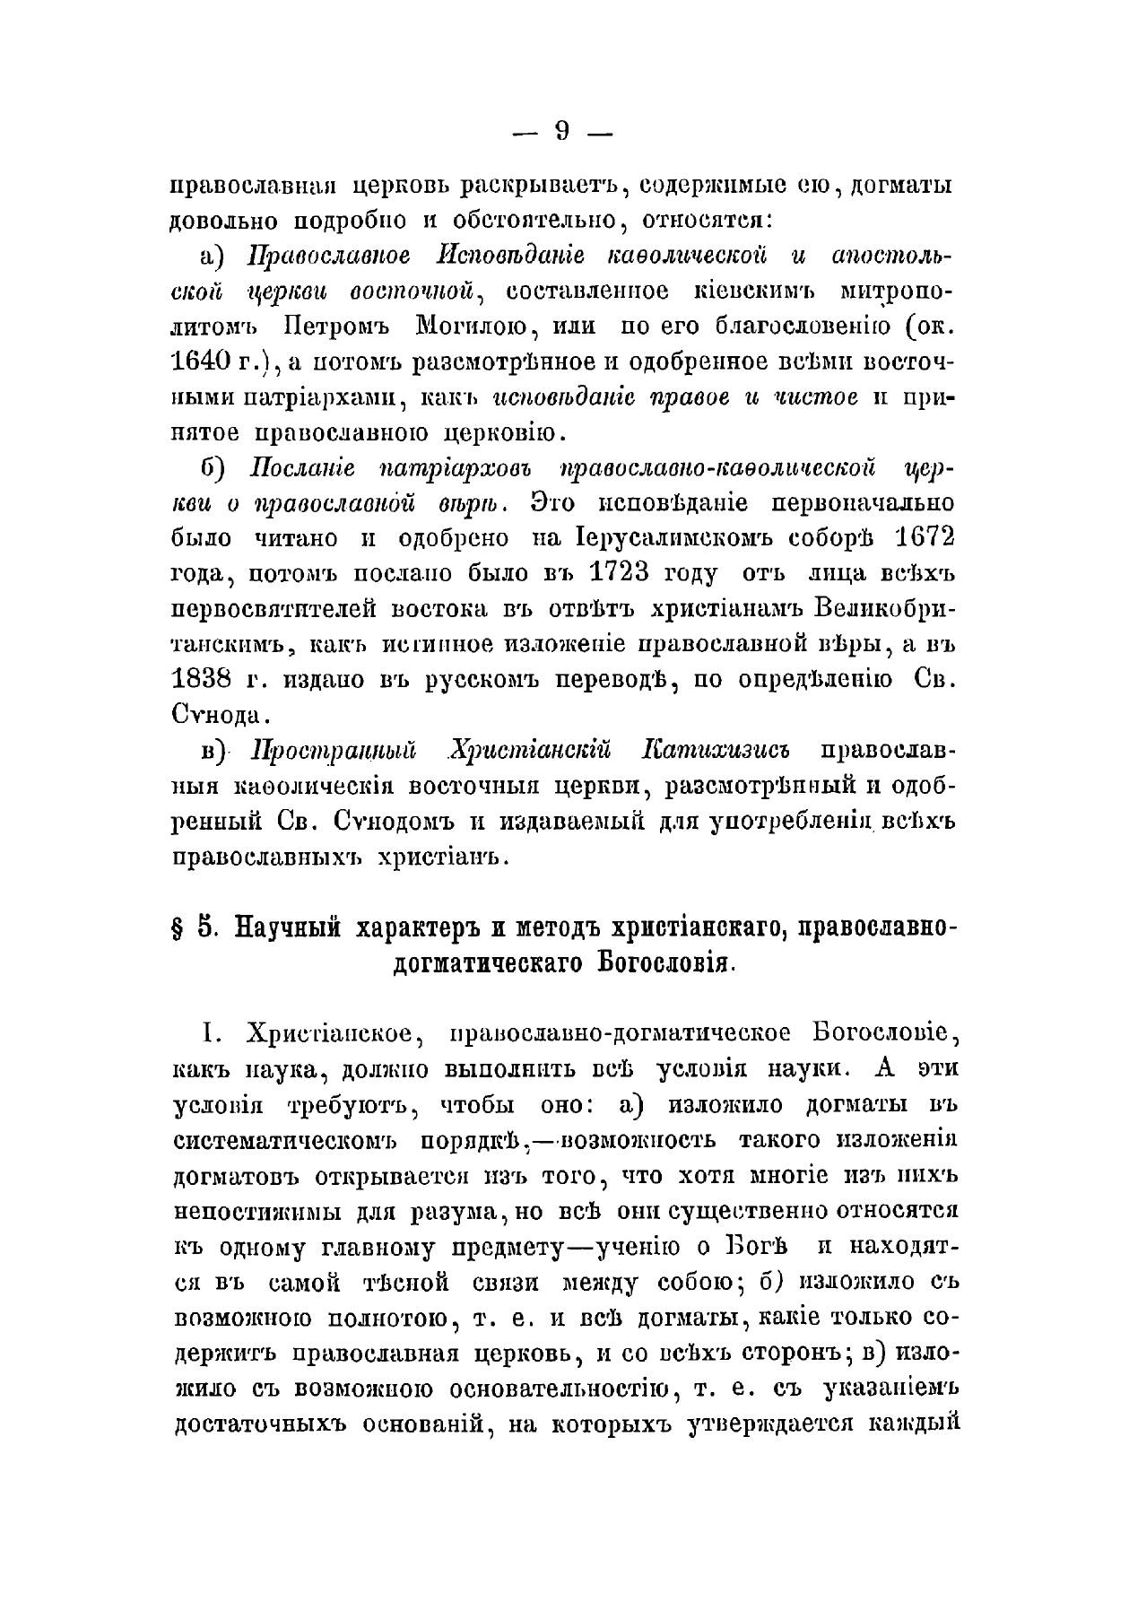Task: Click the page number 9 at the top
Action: [562, 131]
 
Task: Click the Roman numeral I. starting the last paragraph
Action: [208, 1033]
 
